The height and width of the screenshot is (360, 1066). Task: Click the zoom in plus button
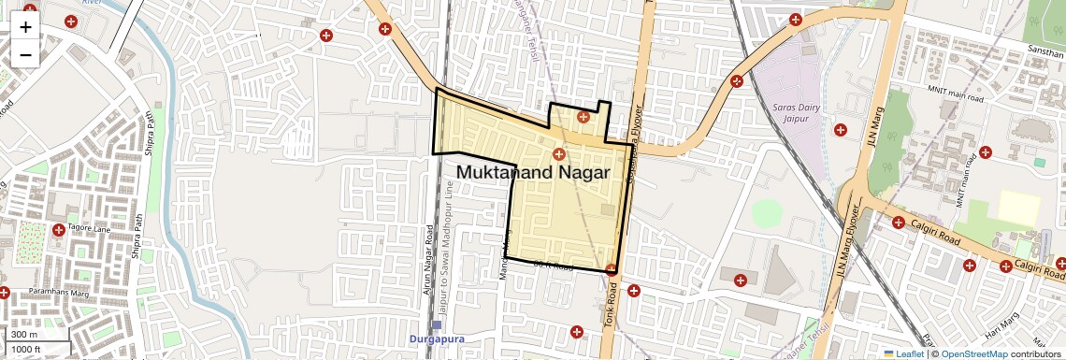click(x=25, y=26)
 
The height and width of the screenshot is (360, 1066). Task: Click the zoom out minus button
click(x=25, y=54)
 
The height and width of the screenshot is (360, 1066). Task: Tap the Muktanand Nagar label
click(x=532, y=173)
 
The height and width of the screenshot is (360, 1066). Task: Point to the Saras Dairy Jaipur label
click(x=796, y=112)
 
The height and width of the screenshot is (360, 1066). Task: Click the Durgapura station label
click(x=436, y=338)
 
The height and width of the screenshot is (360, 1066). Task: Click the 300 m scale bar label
click(x=24, y=335)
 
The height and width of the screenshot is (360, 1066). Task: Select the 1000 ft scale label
click(x=27, y=350)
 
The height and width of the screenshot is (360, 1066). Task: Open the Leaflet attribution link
click(x=903, y=353)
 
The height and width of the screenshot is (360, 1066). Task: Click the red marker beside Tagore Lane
click(x=59, y=230)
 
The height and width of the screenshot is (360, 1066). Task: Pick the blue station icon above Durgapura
click(x=436, y=325)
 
